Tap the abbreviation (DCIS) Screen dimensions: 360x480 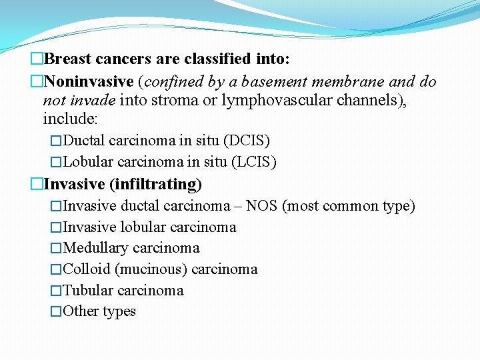[247, 141]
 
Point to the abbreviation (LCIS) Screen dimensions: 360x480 [254, 162]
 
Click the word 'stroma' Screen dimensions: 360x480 [199, 101]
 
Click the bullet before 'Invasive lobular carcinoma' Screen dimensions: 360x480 [56, 227]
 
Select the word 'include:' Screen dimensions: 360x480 [70, 119]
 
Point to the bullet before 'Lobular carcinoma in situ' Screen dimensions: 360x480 [56, 162]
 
